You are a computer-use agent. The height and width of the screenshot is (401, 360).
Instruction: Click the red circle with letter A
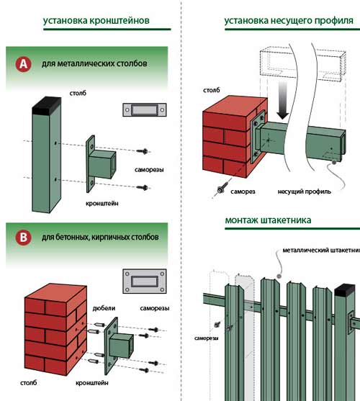[x=23, y=64]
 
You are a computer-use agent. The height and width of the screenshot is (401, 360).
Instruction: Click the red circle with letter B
[x=23, y=238]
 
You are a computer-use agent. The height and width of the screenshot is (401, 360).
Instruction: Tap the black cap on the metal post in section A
[x=47, y=105]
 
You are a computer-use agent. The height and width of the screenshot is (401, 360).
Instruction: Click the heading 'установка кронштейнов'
[x=96, y=20]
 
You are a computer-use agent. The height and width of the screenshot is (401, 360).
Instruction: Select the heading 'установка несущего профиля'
[x=289, y=20]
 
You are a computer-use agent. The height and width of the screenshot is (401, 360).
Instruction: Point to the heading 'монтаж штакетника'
[x=268, y=220]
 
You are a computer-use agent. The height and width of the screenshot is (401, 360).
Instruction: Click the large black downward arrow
[x=282, y=101]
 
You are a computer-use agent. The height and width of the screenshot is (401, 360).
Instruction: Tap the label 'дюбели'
[x=104, y=308]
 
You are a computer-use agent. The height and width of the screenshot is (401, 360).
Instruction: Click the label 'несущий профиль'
[x=305, y=192]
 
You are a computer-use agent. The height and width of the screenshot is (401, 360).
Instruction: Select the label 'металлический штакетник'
[x=321, y=250]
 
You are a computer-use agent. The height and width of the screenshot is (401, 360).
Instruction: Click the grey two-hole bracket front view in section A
[x=145, y=109]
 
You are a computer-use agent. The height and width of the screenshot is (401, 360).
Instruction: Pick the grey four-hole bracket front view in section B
[x=145, y=281]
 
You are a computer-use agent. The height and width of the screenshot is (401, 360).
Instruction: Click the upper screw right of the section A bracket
[x=143, y=151]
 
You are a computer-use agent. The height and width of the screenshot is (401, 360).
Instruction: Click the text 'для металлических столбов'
[x=94, y=63]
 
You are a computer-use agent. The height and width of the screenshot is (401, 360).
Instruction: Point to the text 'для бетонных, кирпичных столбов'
[x=100, y=237]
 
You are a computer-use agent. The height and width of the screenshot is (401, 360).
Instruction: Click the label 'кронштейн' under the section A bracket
[x=102, y=204]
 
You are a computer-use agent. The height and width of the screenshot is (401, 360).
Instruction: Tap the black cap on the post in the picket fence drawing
[x=345, y=290]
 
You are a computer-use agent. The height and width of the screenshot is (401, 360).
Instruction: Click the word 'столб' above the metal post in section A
[x=78, y=93]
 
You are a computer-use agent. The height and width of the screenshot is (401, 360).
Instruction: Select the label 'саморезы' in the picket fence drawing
[x=207, y=338]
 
